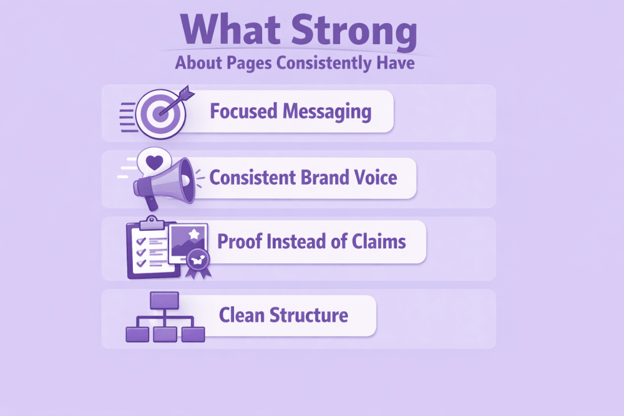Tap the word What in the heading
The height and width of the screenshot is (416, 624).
point(230,29)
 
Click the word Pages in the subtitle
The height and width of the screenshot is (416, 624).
point(249,64)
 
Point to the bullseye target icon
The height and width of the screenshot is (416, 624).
point(160,114)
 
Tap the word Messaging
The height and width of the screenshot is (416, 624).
point(327,112)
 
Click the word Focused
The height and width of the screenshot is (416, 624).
point(243,111)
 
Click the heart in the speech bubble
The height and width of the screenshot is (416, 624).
point(154,162)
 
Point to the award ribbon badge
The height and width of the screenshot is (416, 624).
point(198,263)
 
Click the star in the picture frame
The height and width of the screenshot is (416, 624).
point(194,234)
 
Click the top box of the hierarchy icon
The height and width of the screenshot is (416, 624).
point(164,300)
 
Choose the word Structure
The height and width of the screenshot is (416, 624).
point(309,315)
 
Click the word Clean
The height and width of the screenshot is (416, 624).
point(241,315)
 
